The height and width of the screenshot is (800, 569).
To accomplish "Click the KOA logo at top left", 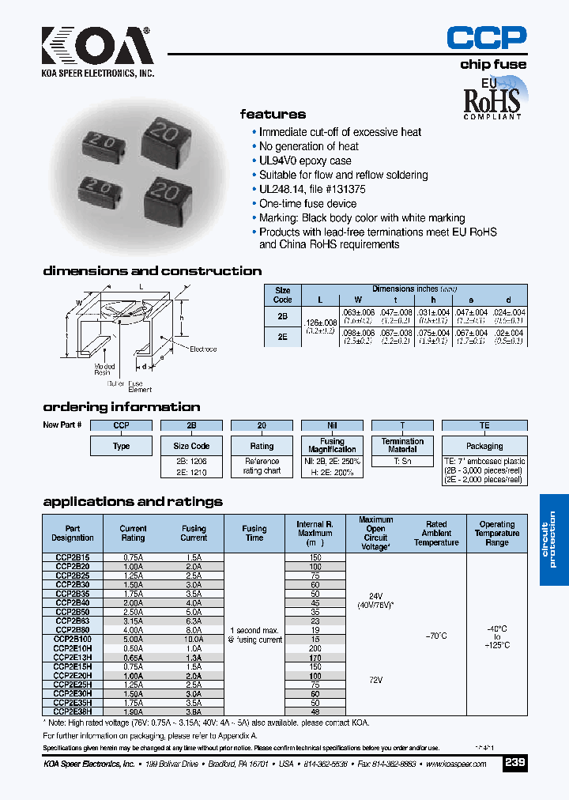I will pyautogui.click(x=97, y=47).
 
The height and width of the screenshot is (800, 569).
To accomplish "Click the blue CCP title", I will pyautogui.click(x=486, y=37).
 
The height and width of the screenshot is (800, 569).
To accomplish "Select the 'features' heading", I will pyautogui.click(x=273, y=114).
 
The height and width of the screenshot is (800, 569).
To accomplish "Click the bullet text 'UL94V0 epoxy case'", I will pyautogui.click(x=305, y=160).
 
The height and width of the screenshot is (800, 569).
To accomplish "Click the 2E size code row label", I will pyautogui.click(x=282, y=334).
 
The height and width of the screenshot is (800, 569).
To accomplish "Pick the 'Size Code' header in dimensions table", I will pyautogui.click(x=282, y=295).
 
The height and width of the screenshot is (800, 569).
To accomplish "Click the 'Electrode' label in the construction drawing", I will pyautogui.click(x=203, y=349).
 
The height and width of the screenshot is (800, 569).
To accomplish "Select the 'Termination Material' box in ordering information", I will pyautogui.click(x=402, y=446).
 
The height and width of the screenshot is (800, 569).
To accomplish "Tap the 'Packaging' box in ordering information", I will pyautogui.click(x=484, y=446).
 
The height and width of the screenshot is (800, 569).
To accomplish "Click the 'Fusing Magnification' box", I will pyautogui.click(x=332, y=446).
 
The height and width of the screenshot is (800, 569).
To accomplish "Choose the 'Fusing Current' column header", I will pyautogui.click(x=194, y=534).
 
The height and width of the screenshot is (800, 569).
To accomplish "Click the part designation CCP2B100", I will pyautogui.click(x=73, y=638).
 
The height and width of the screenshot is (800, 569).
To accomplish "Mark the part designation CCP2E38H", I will pyautogui.click(x=73, y=711).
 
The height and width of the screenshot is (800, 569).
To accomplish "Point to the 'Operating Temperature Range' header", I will pyautogui.click(x=497, y=534).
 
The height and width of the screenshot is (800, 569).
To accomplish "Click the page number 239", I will pyautogui.click(x=514, y=764).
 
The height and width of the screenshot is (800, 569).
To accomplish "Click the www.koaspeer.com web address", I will pyautogui.click(x=461, y=765).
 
